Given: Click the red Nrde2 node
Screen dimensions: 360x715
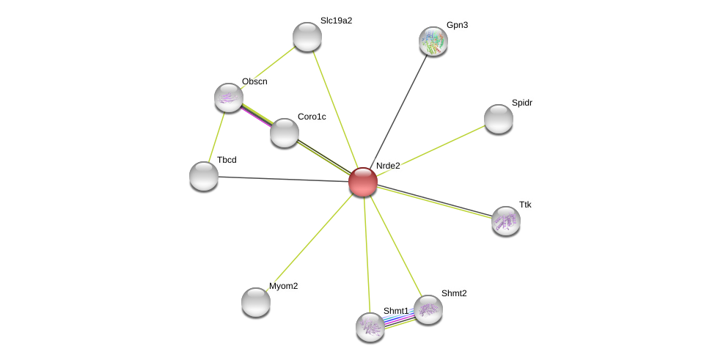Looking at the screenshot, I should tap(363, 182).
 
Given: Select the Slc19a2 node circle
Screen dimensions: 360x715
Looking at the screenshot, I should tap(307, 37).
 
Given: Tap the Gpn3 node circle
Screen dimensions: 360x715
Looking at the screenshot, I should tap(433, 41).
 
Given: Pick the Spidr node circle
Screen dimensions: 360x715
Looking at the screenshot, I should tap(499, 119).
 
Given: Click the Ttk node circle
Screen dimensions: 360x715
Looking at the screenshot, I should tap(506, 220).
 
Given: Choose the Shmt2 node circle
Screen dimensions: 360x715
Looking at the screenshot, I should tap(428, 309).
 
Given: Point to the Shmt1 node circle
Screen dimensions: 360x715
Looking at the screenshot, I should tap(370, 327).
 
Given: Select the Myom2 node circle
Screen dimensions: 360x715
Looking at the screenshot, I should tap(256, 301).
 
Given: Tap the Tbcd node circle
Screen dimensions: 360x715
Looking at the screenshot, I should tap(204, 176).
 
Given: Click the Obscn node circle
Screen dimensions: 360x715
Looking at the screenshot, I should tap(229, 98).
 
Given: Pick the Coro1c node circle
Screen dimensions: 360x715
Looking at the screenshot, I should tap(285, 133).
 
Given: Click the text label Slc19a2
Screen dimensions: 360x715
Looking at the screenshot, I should tap(336, 21).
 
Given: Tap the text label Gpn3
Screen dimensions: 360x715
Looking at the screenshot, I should tap(457, 25).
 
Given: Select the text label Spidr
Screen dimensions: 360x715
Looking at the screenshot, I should tap(521, 103).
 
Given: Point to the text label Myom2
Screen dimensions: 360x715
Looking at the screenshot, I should tap(283, 286).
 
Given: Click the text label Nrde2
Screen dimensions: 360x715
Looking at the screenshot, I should tap(388, 166).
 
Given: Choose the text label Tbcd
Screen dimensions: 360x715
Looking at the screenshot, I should tap(227, 160).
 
